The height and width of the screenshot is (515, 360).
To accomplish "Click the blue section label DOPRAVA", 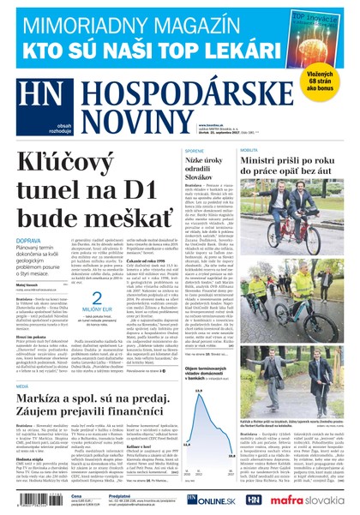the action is tap(36, 242).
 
